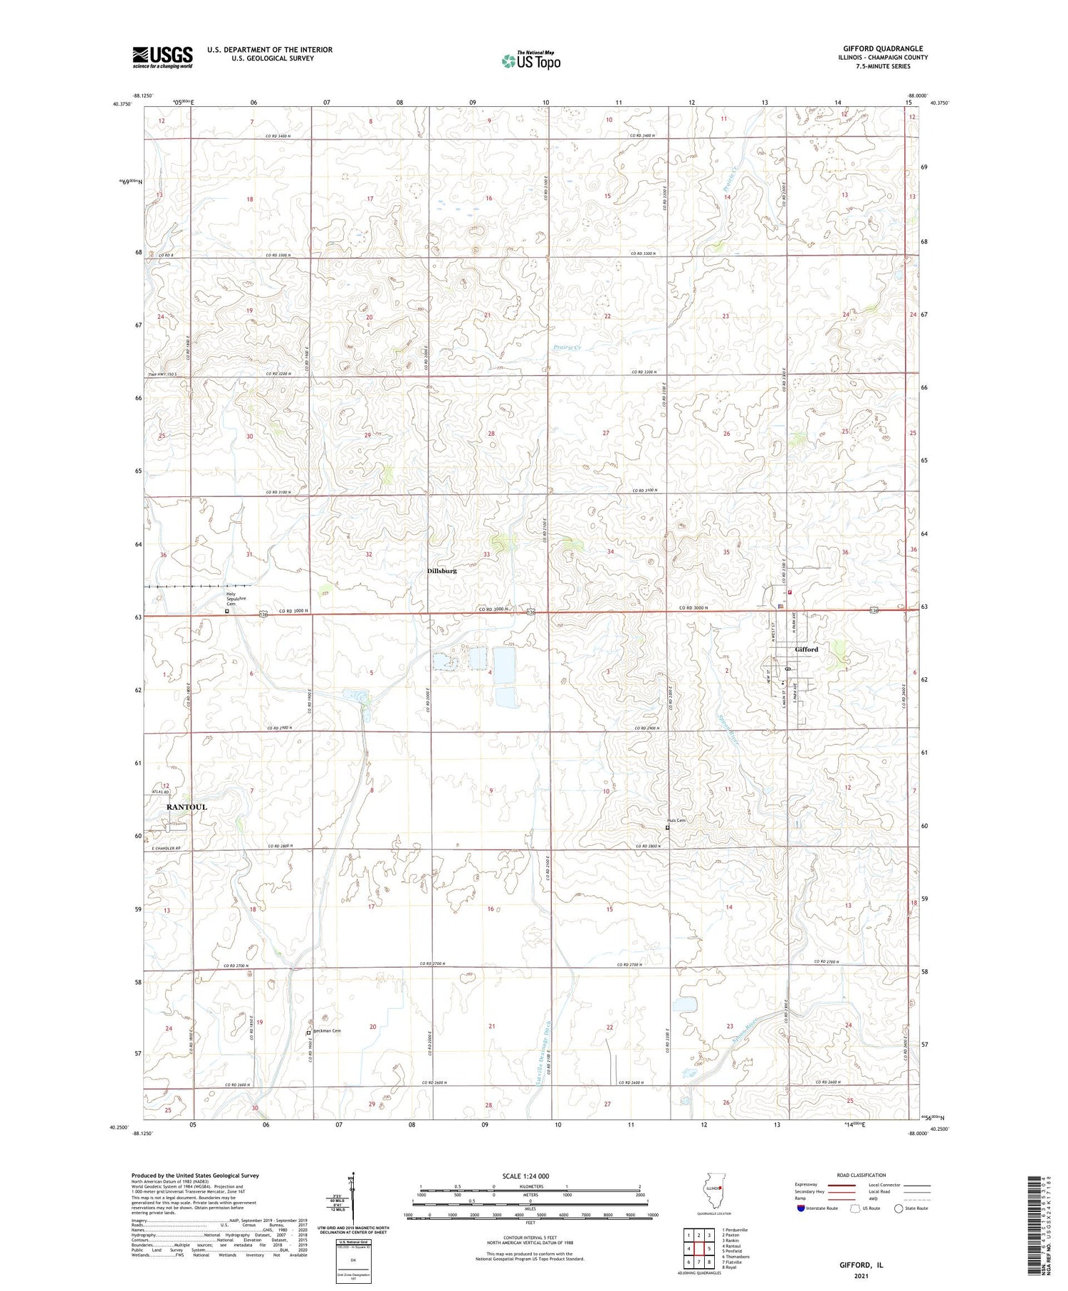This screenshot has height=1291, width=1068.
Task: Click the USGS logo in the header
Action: [162, 57]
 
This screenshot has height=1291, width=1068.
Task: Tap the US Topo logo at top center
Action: [531, 61]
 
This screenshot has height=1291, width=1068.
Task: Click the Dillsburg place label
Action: [441, 570]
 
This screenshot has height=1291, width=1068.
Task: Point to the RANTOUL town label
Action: [187, 807]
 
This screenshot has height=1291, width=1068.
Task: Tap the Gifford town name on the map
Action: [807, 649]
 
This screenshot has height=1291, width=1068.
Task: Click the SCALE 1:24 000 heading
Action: [530, 1176]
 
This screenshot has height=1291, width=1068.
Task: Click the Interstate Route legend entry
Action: [816, 1208]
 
